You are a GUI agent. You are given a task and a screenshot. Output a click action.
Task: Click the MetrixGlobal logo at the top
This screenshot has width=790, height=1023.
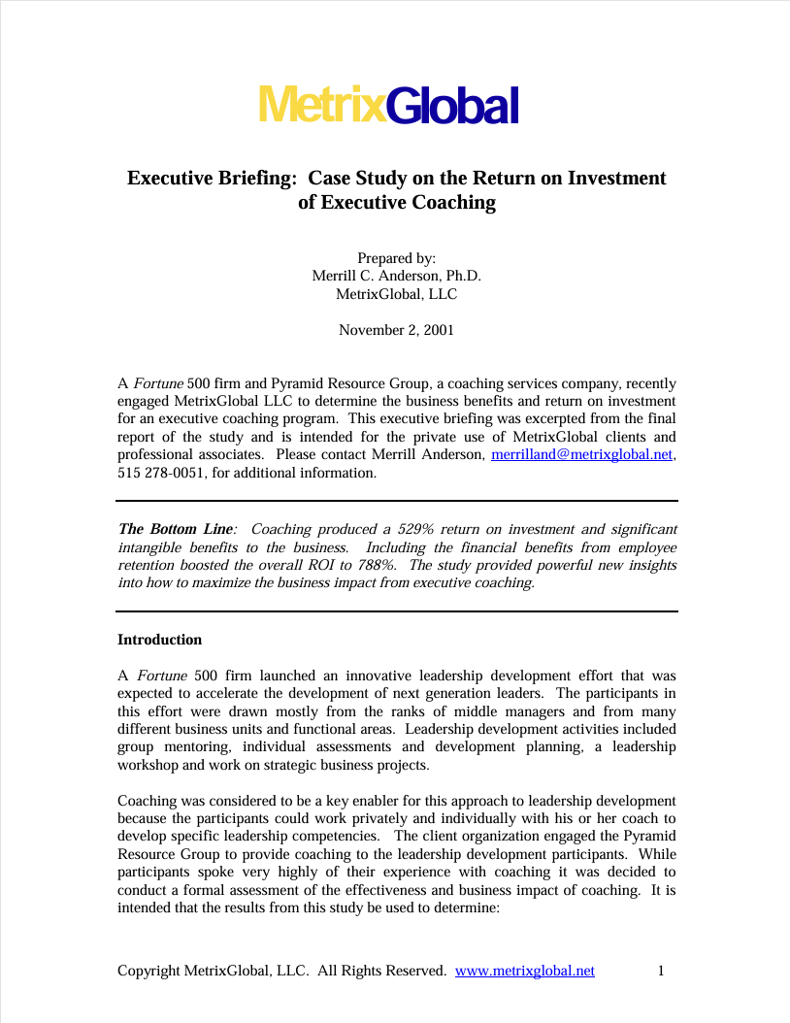388,105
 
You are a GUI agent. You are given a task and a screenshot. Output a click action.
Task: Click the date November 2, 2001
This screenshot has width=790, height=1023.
396,330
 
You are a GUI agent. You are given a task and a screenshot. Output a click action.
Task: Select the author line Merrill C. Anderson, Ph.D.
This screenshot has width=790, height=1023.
396,276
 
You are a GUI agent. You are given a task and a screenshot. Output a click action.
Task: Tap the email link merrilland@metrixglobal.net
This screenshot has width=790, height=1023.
582,454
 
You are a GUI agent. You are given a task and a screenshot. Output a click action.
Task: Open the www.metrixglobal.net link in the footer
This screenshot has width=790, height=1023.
524,971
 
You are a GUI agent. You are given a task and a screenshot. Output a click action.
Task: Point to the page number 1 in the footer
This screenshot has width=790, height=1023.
660,971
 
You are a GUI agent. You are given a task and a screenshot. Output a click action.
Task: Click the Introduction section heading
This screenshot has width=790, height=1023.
159,640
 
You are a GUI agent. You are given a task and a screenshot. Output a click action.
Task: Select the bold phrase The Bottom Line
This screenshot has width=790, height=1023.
175,529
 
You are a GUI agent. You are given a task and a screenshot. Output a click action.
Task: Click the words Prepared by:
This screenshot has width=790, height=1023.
396,258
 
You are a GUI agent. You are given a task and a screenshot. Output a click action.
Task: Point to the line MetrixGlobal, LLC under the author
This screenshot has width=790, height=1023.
396,294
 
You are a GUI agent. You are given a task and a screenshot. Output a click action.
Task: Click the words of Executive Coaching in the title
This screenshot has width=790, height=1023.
396,203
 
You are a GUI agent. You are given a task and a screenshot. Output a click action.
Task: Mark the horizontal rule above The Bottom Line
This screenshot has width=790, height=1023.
396,501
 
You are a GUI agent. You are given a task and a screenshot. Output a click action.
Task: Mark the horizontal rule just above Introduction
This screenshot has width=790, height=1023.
396,611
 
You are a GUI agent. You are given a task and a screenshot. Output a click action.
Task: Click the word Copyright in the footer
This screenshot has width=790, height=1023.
148,971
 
